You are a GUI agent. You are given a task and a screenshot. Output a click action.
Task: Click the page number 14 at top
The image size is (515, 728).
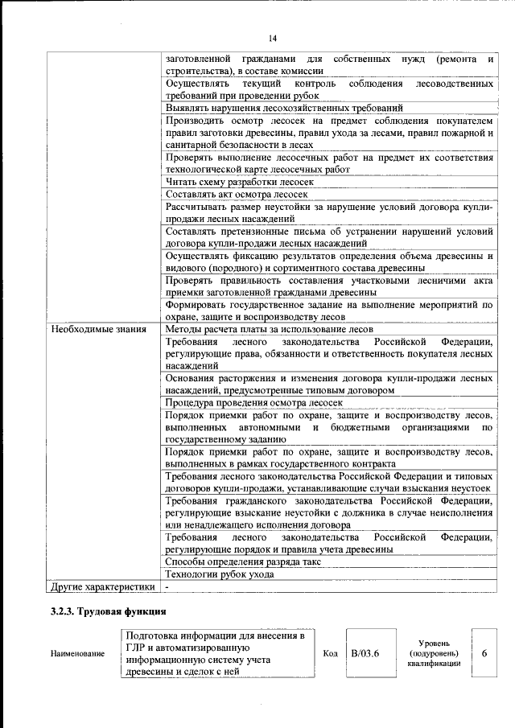tap(273, 39)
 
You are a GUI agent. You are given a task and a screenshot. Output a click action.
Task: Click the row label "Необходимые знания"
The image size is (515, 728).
tap(98, 329)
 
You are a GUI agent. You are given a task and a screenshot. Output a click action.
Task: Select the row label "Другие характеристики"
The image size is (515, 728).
tap(102, 587)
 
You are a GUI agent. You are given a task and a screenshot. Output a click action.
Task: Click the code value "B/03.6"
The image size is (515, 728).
tap(365, 653)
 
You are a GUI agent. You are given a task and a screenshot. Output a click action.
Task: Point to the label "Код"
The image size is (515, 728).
tap(330, 653)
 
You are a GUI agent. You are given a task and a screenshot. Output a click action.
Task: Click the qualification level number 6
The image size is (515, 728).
tap(484, 653)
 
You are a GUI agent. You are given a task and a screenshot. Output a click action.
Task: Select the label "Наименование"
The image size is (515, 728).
tap(77, 654)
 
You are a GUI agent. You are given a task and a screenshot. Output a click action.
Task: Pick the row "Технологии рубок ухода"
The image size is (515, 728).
tap(219, 574)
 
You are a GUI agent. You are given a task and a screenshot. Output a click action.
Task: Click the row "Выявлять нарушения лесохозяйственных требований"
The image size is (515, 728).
tap(283, 108)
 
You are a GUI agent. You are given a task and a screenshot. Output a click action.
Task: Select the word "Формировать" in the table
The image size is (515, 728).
tap(196, 305)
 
